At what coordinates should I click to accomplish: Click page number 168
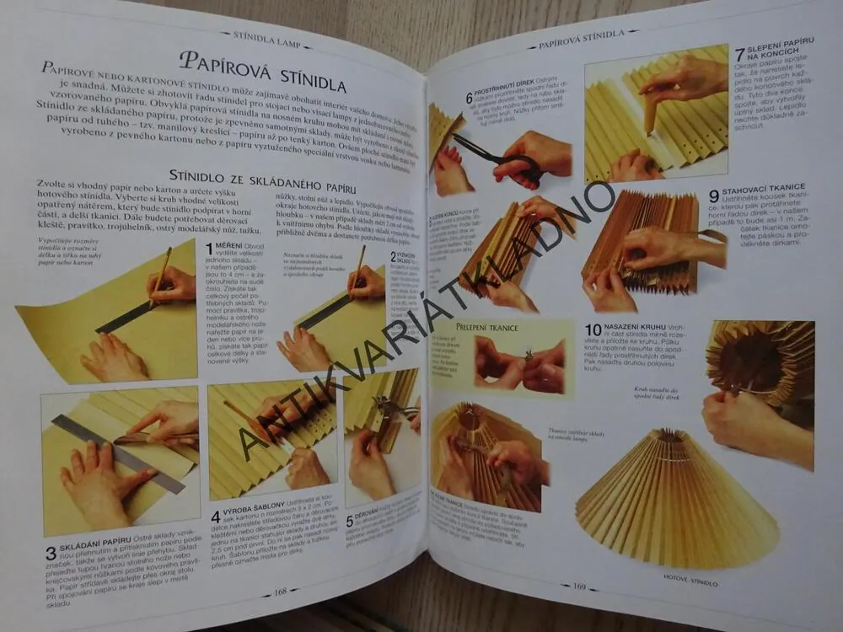pyautogui.click(x=280, y=592)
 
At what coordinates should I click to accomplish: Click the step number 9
pyautogui.click(x=714, y=195)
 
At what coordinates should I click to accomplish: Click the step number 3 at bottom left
pyautogui.click(x=50, y=554)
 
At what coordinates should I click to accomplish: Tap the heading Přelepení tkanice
pyautogui.click(x=486, y=326)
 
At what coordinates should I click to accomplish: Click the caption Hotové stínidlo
pyautogui.click(x=690, y=582)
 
